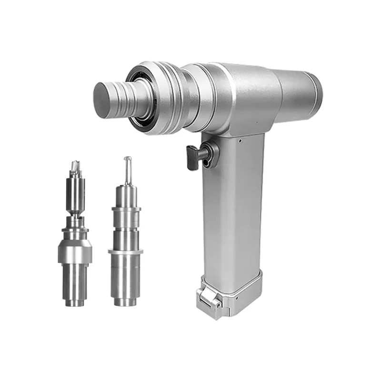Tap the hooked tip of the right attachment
point(128,162)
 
